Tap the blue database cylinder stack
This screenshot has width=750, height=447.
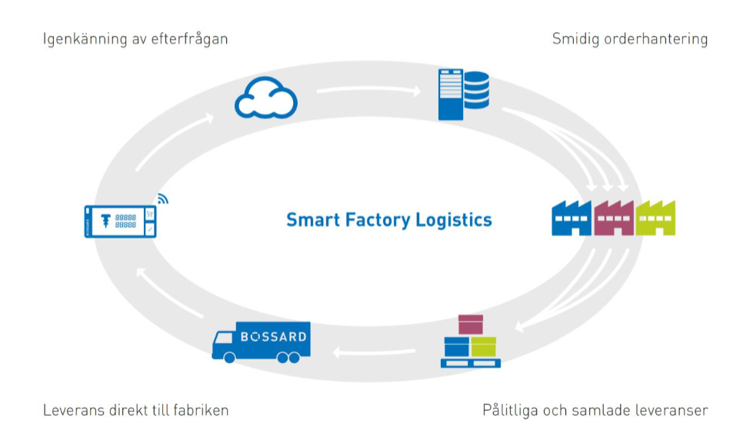(476, 90)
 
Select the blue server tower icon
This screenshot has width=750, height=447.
(451, 95)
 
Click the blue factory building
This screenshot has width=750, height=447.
(572, 218)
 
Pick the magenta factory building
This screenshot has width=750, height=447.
(614, 218)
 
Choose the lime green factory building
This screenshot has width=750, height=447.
(655, 218)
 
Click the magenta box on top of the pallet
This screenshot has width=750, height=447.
(471, 325)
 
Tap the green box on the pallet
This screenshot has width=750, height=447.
(484, 347)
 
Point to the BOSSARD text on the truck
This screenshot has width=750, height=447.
(273, 337)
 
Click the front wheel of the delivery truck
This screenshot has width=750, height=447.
(229, 358)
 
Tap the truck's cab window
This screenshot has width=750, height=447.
(223, 339)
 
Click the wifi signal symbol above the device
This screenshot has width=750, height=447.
(162, 198)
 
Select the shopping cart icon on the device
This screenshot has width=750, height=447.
(150, 215)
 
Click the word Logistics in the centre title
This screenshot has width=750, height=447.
(453, 220)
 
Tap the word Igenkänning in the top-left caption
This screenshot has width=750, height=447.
(85, 39)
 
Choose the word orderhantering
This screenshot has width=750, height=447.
(656, 39)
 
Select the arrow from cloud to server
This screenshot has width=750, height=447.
(368, 89)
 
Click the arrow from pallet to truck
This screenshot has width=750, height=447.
(374, 352)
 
